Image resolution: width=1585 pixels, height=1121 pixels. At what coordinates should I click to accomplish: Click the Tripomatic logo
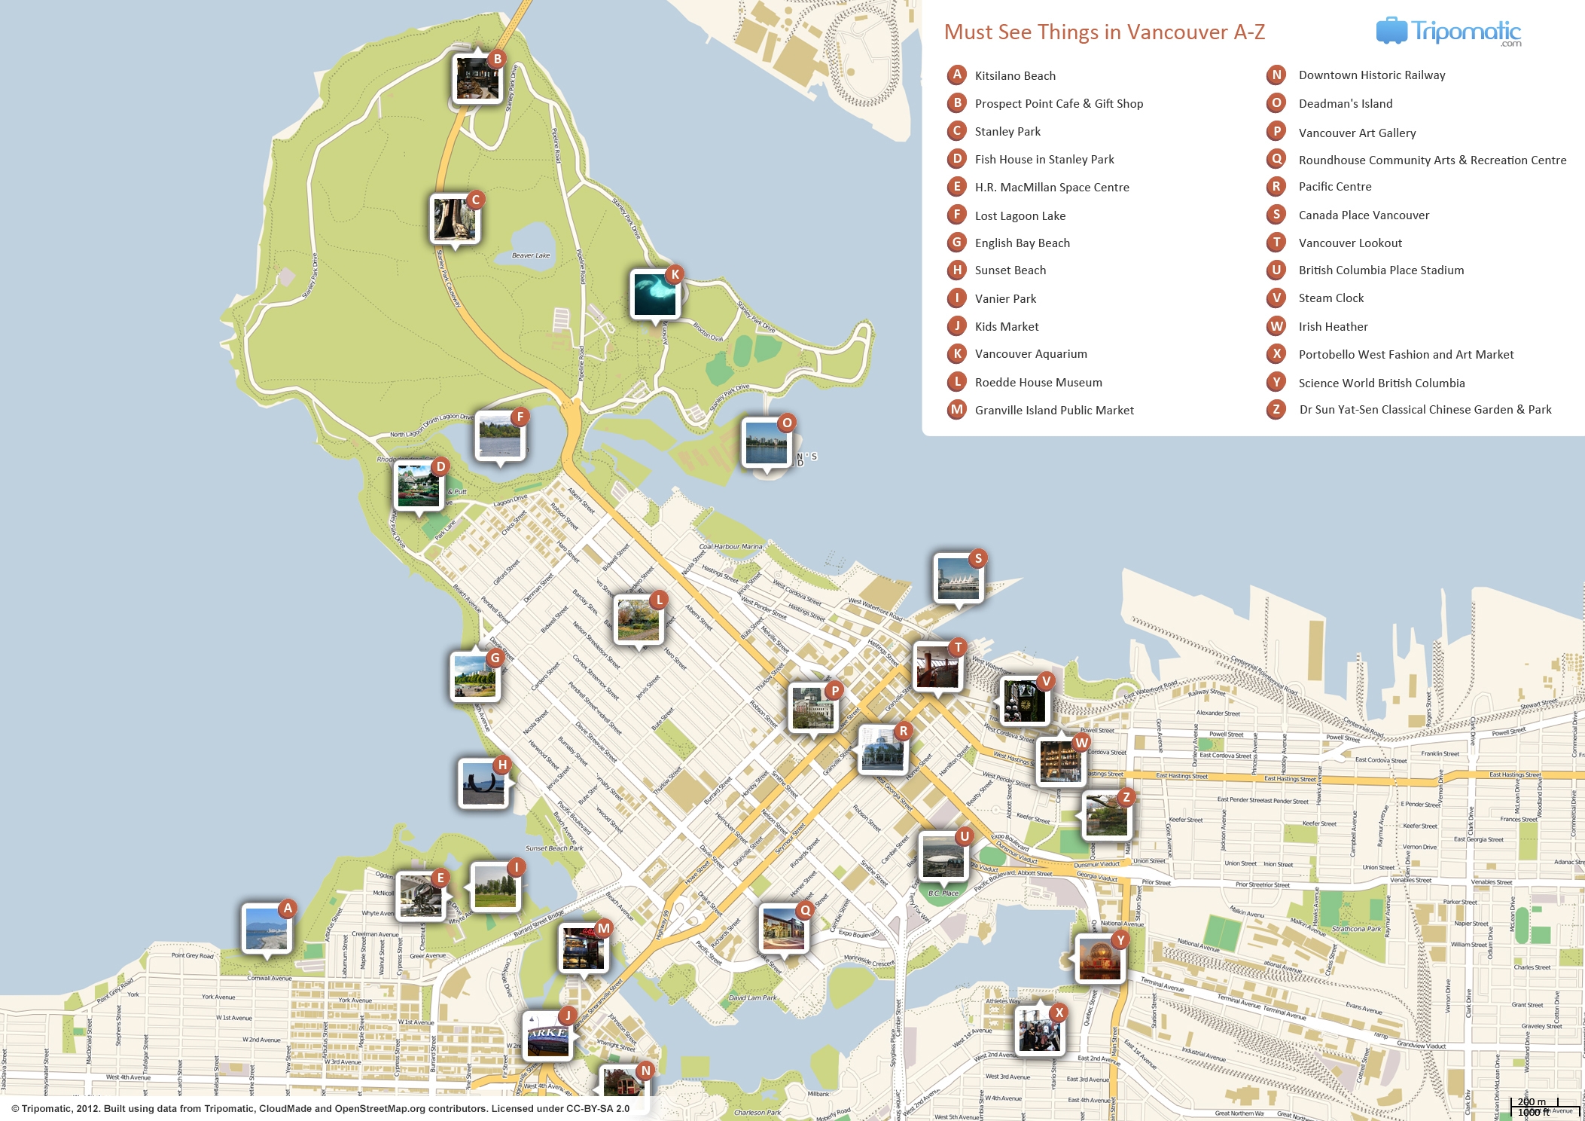tap(1448, 32)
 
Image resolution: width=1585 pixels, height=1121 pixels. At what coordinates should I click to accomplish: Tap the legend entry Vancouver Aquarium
tap(1030, 354)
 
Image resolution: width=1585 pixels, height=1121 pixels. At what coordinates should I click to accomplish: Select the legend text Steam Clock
tap(1330, 298)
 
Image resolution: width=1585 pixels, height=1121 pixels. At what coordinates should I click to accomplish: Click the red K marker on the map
tap(675, 274)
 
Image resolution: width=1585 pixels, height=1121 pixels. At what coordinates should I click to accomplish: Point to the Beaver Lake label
tap(531, 255)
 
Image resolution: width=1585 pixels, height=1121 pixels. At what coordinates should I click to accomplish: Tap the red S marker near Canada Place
tap(977, 558)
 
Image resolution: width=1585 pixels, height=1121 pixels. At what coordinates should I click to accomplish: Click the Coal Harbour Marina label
tap(730, 546)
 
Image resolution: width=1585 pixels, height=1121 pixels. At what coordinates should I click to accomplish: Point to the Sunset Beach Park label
tap(554, 848)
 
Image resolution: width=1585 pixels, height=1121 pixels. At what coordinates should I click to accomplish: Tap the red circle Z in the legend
tap(1276, 410)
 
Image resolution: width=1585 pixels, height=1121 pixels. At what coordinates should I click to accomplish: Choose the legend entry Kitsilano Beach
tap(1014, 76)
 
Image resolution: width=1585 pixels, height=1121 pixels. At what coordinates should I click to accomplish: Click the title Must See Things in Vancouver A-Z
tap(1104, 32)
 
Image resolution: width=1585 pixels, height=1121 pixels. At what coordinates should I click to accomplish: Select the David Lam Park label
tap(752, 997)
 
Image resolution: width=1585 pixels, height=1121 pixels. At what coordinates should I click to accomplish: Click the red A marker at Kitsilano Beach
tap(287, 909)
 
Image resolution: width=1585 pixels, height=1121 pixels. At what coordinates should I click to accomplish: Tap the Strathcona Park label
tap(1356, 929)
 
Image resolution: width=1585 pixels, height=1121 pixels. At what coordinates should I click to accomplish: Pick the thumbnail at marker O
tap(766, 444)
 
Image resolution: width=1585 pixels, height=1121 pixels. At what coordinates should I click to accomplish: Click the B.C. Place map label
tap(943, 893)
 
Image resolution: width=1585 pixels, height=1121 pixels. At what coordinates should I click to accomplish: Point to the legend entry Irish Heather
tap(1333, 327)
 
